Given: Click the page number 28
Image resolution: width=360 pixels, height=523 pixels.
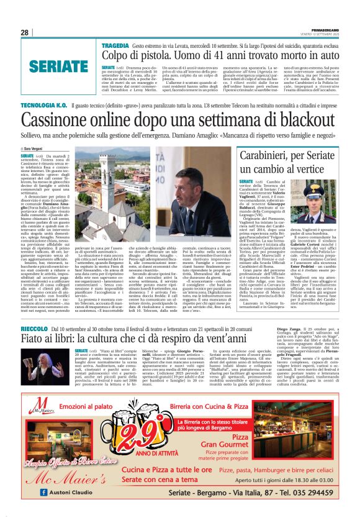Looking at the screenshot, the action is [x=25, y=32].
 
